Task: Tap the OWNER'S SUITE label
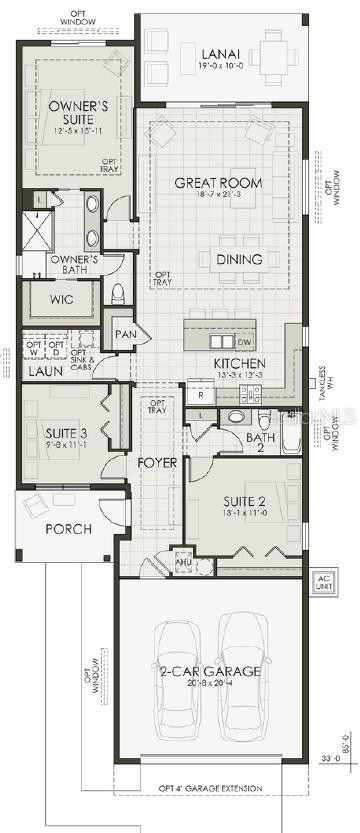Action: point(77,111)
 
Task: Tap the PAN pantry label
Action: point(125,334)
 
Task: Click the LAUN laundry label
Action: point(46,371)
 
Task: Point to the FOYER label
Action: point(158,463)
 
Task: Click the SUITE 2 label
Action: point(243,503)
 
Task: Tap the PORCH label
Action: point(68,528)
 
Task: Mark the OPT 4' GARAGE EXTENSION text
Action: point(210,788)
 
